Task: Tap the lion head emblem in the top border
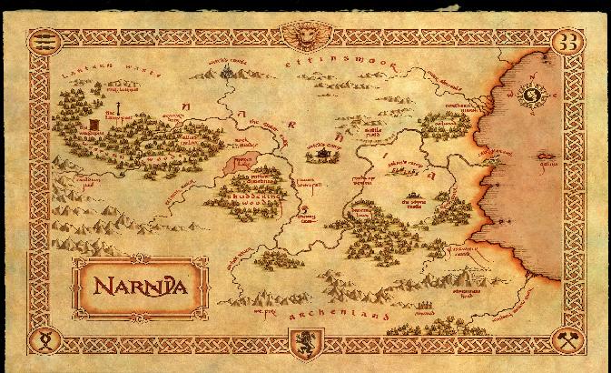point(305,35)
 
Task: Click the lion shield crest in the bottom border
point(304,343)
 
